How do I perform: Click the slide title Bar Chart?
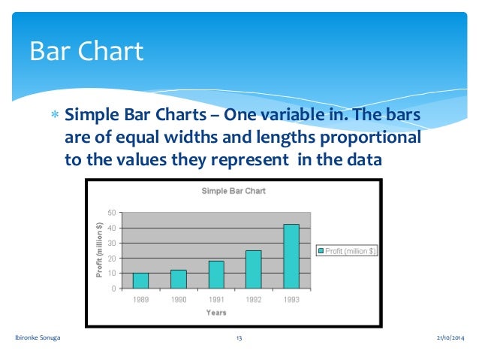tap(86, 51)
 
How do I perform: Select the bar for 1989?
tap(140, 280)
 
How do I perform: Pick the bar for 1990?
tap(178, 279)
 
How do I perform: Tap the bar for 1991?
tap(216, 274)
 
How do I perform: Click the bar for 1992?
tap(253, 269)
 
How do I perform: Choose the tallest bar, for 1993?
tap(291, 256)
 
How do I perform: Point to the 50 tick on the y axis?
tap(111, 213)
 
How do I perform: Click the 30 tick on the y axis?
tap(111, 244)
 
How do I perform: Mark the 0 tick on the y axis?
tap(113, 289)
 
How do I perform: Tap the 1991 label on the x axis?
tap(216, 299)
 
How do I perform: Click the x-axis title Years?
tap(216, 313)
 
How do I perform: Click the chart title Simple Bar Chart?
tap(233, 191)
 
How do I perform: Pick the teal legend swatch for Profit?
tap(321, 251)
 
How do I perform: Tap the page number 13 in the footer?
tap(239, 340)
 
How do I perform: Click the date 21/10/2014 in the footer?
tap(450, 340)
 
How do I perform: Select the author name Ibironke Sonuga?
tap(38, 340)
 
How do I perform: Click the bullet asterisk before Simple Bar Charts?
tap(53, 116)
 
